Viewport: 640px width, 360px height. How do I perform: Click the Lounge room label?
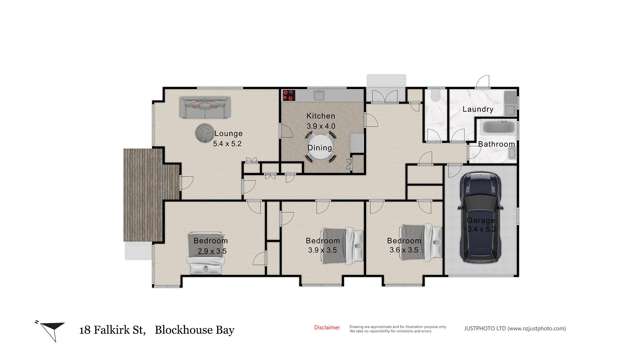tap(228, 133)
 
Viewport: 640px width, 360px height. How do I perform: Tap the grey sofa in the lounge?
tap(205, 106)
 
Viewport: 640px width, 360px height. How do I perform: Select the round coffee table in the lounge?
tap(203, 132)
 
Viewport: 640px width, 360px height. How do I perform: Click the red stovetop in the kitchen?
tap(288, 97)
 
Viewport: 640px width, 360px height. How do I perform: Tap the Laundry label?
tap(478, 109)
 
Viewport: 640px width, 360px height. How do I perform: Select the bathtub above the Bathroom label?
tap(497, 130)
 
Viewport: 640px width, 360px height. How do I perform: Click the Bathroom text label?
tap(495, 145)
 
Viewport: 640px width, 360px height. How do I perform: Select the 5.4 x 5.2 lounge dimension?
tap(228, 144)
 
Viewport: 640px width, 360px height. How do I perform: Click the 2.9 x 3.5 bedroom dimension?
tap(210, 252)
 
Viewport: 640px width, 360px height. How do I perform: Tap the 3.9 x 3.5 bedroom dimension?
tap(322, 252)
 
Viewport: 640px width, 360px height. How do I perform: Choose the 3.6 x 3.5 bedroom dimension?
tap(404, 252)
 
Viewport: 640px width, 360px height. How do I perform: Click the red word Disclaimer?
tap(327, 327)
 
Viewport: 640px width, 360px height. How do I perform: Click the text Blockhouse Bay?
tap(197, 328)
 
